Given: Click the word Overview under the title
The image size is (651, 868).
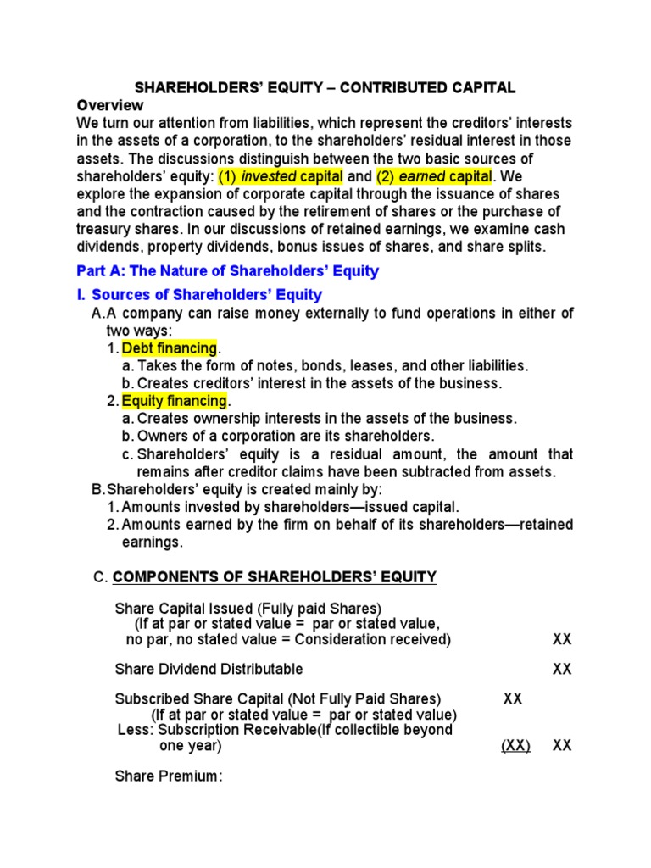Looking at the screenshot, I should point(110,105).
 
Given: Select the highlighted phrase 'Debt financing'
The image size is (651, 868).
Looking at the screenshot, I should point(170,348).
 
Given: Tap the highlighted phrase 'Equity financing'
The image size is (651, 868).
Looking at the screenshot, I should point(175,400).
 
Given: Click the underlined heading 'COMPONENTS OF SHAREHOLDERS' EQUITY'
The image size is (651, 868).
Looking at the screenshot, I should point(275,578).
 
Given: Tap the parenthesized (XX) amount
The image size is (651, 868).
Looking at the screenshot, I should point(515,746).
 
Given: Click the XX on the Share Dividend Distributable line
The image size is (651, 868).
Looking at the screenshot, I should point(562,669).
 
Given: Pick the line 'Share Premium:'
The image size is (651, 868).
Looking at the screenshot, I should point(168,776).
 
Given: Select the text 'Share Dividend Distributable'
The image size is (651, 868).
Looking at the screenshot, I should point(209,669).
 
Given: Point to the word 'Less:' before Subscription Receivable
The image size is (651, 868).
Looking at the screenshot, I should point(136,730).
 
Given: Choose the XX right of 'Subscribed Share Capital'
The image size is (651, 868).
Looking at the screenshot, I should point(512,699).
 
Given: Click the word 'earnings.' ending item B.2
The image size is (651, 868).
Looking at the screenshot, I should point(150,542).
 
